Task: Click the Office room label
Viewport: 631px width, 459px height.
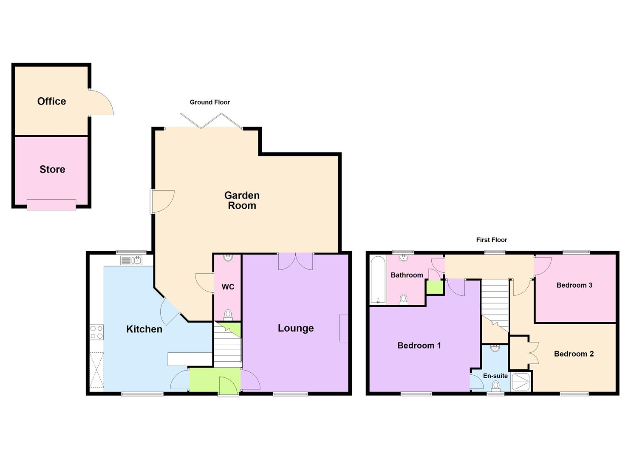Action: click(x=51, y=101)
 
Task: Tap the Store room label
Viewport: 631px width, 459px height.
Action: click(x=52, y=169)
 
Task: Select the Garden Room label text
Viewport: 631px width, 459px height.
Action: click(x=242, y=200)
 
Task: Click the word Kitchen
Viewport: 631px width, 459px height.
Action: click(x=144, y=329)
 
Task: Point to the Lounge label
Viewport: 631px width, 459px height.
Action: click(x=296, y=328)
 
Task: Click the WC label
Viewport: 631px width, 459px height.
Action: click(x=228, y=287)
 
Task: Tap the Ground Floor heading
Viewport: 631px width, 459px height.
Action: click(x=209, y=102)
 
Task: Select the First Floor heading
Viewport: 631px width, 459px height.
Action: click(x=491, y=240)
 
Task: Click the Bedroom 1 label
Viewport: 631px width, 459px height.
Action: click(x=419, y=346)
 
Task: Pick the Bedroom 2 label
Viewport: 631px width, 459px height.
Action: click(x=574, y=354)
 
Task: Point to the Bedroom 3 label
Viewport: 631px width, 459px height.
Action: click(x=574, y=285)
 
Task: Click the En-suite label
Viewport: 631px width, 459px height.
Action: click(x=495, y=376)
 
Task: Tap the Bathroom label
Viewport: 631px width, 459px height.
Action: click(x=407, y=275)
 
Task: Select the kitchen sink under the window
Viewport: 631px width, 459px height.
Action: click(x=131, y=260)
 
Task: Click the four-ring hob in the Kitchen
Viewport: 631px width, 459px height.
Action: click(x=96, y=332)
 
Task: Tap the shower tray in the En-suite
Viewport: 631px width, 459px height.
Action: click(x=521, y=382)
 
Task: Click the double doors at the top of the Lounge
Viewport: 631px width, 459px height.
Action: click(x=296, y=261)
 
